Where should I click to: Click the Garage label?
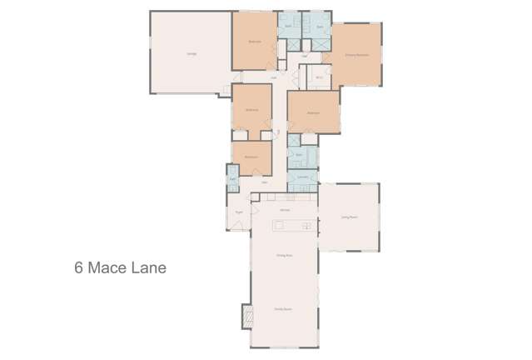point(191,54)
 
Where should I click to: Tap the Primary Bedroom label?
point(356,54)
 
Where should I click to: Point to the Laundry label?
point(303,177)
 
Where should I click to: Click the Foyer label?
point(239,212)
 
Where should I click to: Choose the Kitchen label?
point(284,210)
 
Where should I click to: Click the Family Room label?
point(283,309)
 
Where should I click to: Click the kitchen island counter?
point(295,224)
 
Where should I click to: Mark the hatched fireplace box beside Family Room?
point(246,316)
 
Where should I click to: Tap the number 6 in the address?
point(79,268)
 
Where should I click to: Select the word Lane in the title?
point(150,268)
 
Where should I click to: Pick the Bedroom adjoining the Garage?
point(255,42)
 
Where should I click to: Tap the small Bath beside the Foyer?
point(233,178)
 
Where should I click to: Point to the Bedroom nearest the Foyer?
point(251,157)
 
